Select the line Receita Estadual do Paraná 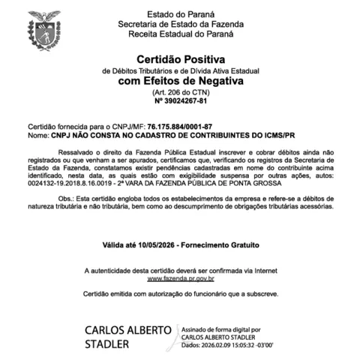click(x=179, y=34)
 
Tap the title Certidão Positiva click(x=180, y=59)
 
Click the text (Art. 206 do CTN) click(x=180, y=91)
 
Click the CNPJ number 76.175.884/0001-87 click(x=180, y=127)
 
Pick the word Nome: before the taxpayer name click(x=38, y=136)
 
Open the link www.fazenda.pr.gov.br click(x=180, y=278)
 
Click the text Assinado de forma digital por click(x=221, y=329)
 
